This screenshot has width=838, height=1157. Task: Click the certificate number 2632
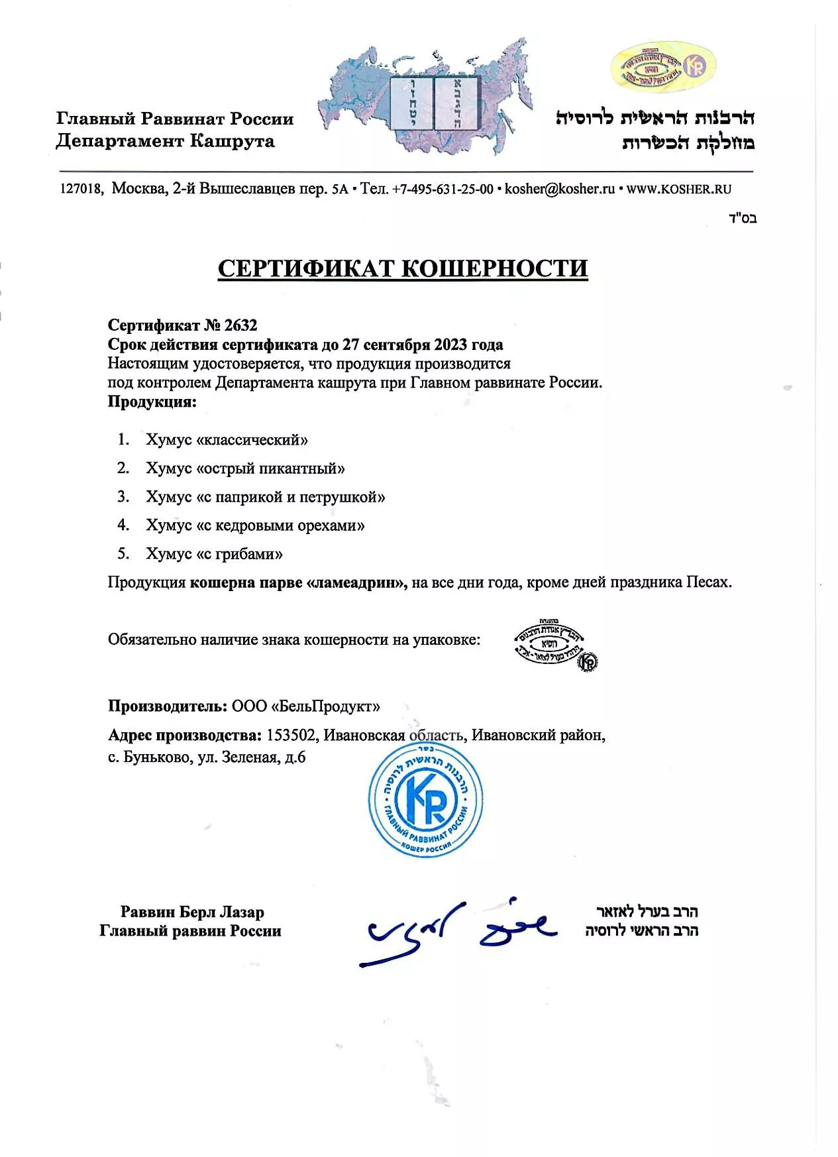click(240, 325)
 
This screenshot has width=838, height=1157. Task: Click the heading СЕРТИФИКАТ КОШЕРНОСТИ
click(403, 268)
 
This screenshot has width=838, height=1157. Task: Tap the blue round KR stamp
click(426, 800)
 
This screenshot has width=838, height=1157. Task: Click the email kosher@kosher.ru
click(560, 189)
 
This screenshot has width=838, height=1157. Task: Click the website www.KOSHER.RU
click(679, 189)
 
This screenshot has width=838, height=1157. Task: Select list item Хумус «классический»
click(227, 440)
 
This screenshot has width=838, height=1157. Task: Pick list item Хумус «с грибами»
click(214, 554)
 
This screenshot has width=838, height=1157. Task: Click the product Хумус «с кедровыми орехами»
click(255, 525)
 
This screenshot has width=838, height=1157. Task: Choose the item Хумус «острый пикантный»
click(245, 468)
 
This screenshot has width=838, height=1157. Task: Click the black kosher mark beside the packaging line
click(555, 644)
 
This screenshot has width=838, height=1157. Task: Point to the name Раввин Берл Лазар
click(192, 912)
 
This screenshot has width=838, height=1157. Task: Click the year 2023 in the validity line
click(450, 345)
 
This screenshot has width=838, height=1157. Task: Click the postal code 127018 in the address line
click(79, 189)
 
